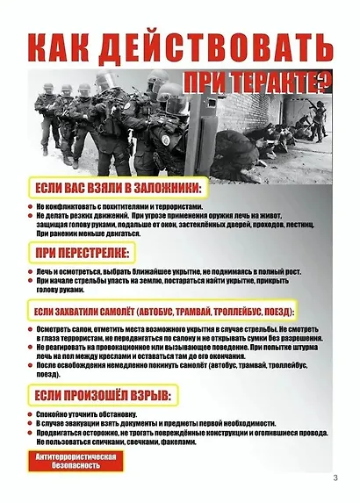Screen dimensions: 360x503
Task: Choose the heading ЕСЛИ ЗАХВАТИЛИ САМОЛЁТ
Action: tap(163, 313)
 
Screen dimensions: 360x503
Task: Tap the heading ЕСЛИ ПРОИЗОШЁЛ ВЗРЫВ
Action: tap(101, 398)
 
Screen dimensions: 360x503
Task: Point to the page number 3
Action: tap(335, 478)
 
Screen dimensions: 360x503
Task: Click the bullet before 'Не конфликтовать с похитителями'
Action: tap(31, 206)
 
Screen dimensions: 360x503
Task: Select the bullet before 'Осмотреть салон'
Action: tap(31, 330)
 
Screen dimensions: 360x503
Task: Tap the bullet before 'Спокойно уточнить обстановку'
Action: tap(31, 415)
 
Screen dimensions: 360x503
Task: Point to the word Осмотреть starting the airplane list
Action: tap(55, 330)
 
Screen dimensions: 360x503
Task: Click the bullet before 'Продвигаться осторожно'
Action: tap(31, 433)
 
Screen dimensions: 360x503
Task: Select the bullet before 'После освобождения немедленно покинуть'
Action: tap(31, 365)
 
